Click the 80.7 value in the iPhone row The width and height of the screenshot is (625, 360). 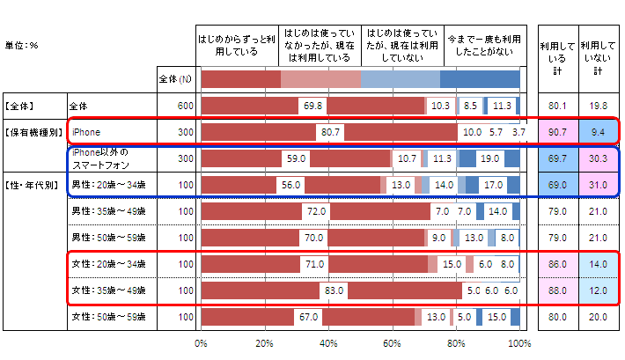coord(330,133)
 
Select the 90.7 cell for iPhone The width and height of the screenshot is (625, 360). coord(555,133)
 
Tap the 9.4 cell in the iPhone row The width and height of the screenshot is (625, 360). coord(599,133)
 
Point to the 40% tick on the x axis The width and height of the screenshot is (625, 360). coord(328,343)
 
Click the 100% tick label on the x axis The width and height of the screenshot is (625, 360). coord(519,343)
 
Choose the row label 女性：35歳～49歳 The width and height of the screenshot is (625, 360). coord(109,290)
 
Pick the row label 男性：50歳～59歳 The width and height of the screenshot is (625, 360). coord(109,238)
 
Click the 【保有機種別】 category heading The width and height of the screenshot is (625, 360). coord(33,133)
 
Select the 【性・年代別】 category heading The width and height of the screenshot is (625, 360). coord(33,186)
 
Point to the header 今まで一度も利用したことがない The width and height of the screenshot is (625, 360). coord(485,46)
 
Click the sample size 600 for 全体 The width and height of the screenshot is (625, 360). coord(184,106)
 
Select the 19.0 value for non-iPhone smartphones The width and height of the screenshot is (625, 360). coord(490,159)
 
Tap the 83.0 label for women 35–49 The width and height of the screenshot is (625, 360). coord(334,290)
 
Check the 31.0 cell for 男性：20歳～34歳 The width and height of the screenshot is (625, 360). coord(599,186)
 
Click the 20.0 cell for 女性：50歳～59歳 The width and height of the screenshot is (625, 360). coord(599,317)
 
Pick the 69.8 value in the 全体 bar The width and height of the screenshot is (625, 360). coord(312,106)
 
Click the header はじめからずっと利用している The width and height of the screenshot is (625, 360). coord(236,46)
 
